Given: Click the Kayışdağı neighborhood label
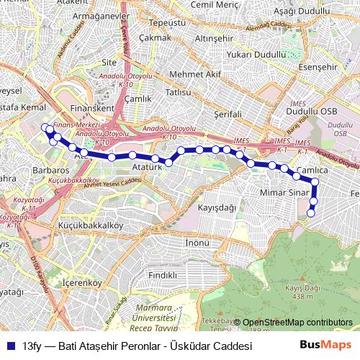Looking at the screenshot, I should tap(217, 207).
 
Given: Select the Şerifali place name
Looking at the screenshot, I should tap(230, 114).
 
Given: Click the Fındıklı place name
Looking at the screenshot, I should tap(162, 275).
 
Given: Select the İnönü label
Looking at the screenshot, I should tap(197, 242).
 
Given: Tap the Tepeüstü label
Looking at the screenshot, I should tap(171, 22).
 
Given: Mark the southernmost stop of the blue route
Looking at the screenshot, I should tap(311, 212).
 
